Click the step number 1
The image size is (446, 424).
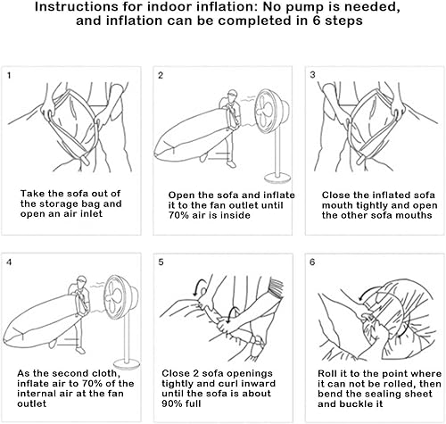click(9, 76)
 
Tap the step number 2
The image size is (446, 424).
click(161, 76)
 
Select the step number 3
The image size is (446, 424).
click(312, 75)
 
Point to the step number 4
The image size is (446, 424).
click(9, 262)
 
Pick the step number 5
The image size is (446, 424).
click(161, 262)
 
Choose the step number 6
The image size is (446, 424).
click(312, 262)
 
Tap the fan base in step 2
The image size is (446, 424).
click(277, 179)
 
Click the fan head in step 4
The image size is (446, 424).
click(121, 297)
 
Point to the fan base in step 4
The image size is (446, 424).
click(128, 366)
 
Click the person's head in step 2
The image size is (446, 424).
click(232, 96)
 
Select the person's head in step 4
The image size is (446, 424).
click(82, 281)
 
